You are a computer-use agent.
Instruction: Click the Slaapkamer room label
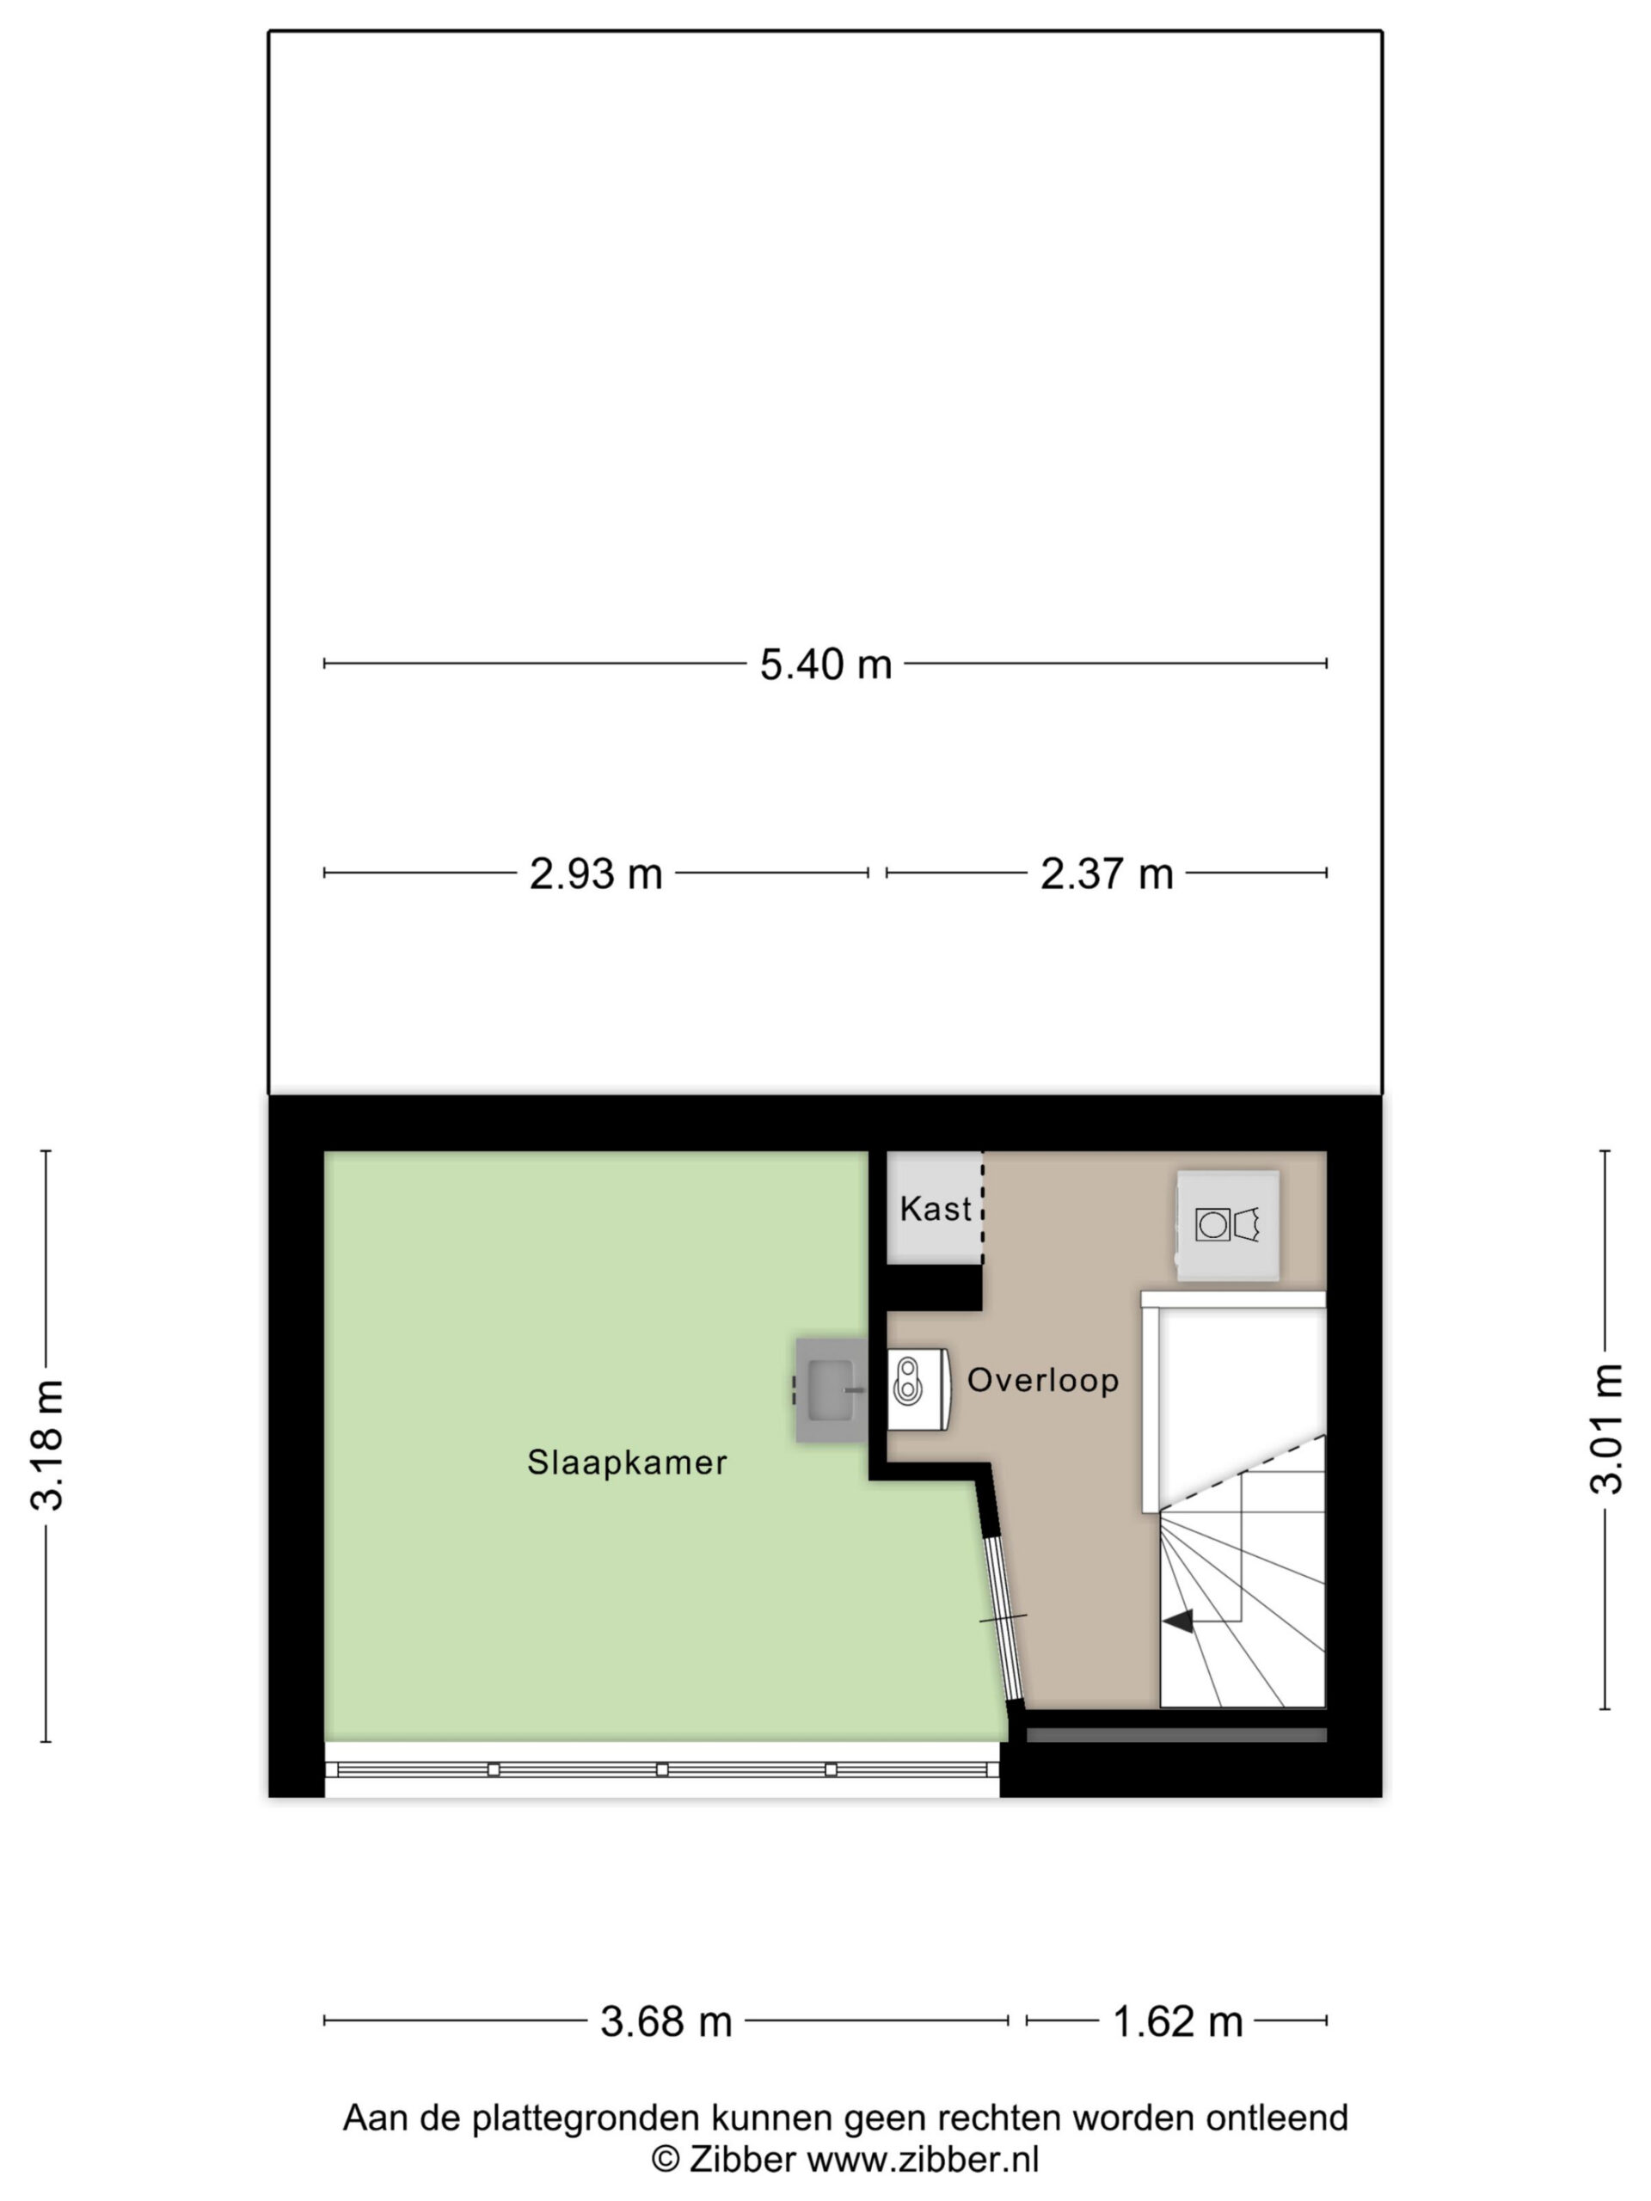pyautogui.click(x=627, y=1462)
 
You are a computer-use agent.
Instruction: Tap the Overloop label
pyautogui.click(x=1043, y=1380)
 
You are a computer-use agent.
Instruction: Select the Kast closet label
pyautogui.click(x=936, y=1208)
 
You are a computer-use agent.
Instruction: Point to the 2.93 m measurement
pyautogui.click(x=595, y=874)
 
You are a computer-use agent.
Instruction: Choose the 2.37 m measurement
pyautogui.click(x=1107, y=874)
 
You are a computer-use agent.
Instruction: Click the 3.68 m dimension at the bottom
pyautogui.click(x=666, y=2021)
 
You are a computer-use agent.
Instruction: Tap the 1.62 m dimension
pyautogui.click(x=1177, y=2021)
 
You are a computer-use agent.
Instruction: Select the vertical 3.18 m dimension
pyautogui.click(x=46, y=1446)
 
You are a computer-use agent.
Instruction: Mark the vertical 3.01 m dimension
pyautogui.click(x=1605, y=1429)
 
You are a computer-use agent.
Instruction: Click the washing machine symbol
pyautogui.click(x=1227, y=1225)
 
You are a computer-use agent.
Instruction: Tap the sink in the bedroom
pyautogui.click(x=831, y=1389)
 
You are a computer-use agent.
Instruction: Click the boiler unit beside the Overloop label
pyautogui.click(x=918, y=1389)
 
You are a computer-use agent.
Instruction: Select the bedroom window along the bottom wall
pyautogui.click(x=662, y=1769)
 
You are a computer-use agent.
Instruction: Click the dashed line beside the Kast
pyautogui.click(x=983, y=1208)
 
